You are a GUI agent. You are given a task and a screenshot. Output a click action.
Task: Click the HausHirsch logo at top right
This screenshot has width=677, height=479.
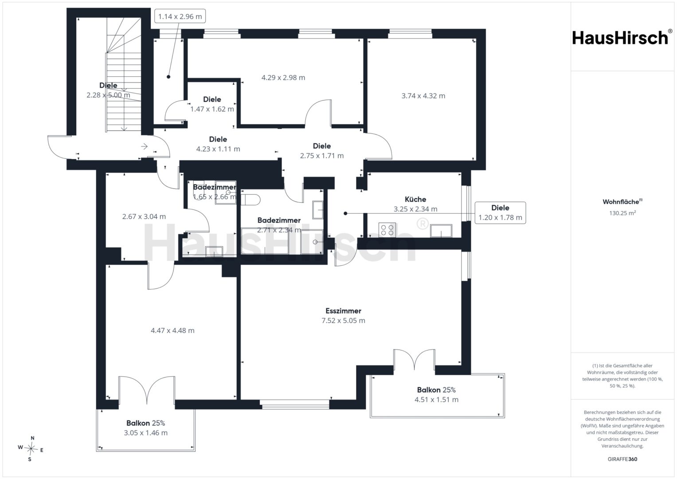[621, 38]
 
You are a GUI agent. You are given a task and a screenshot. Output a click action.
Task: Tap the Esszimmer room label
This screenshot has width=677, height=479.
[343, 310]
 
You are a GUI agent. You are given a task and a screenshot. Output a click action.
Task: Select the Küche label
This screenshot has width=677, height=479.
[415, 199]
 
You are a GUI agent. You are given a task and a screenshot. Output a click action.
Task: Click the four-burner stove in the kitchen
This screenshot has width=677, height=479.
[387, 230]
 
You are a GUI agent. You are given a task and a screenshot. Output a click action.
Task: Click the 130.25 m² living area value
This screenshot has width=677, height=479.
[622, 213]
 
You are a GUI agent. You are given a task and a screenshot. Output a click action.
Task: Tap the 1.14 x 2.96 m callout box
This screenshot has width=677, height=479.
[180, 16]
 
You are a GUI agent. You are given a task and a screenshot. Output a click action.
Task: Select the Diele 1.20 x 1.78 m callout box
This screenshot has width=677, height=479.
[500, 212]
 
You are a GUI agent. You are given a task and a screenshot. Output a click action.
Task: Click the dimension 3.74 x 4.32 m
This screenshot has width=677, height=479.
[423, 96]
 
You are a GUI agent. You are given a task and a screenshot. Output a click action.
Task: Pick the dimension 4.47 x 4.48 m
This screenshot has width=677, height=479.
[172, 330]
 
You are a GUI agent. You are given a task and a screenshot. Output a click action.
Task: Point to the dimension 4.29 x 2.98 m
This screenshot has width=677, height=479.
[283, 78]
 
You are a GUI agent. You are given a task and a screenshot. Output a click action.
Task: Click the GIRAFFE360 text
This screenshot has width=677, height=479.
[622, 459]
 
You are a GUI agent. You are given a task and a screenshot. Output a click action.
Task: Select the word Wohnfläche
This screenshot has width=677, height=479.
[621, 202]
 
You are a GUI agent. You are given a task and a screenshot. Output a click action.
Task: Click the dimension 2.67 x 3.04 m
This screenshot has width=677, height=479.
[144, 216]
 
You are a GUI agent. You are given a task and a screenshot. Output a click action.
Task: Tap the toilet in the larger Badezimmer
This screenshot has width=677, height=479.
[250, 200]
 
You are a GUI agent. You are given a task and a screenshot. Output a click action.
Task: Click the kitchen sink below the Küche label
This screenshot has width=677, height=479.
[441, 231]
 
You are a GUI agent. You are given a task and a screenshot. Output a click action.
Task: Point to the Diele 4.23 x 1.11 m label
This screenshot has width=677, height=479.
[218, 144]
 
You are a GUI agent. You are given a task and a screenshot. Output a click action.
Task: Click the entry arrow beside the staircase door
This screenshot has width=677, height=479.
[144, 146]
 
